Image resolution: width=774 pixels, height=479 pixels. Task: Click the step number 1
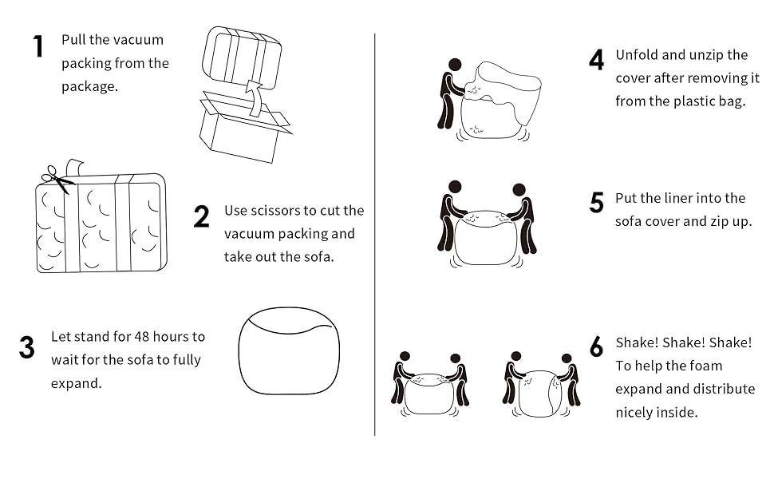pyautogui.click(x=38, y=46)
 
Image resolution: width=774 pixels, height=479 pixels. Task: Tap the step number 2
pyautogui.click(x=201, y=216)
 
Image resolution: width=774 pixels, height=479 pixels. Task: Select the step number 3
pyautogui.click(x=27, y=347)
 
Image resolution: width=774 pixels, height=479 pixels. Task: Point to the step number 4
pyautogui.click(x=596, y=61)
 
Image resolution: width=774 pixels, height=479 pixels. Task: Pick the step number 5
pyautogui.click(x=596, y=203)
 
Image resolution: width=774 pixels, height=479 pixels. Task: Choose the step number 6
pyautogui.click(x=596, y=347)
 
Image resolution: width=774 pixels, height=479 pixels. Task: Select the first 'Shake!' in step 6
pyautogui.click(x=636, y=342)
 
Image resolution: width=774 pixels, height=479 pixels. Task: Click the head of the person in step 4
pyautogui.click(x=455, y=64)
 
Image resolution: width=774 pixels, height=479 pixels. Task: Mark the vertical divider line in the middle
pyautogui.click(x=375, y=239)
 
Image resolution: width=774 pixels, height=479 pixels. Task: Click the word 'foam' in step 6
pyautogui.click(x=705, y=366)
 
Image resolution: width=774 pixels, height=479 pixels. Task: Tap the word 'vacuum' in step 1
pyautogui.click(x=138, y=40)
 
